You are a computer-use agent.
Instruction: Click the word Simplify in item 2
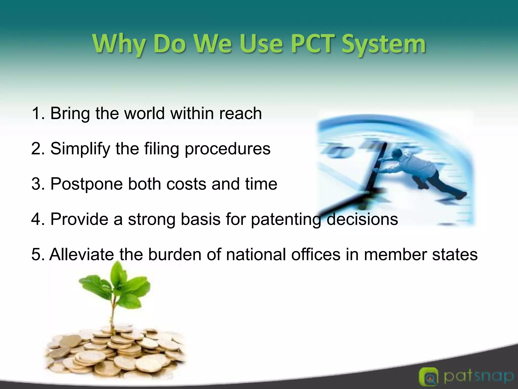80,149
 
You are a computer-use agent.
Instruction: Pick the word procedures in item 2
228,149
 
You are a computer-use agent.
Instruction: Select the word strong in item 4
152,219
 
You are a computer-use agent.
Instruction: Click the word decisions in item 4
362,219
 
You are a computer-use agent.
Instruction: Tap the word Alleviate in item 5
82,255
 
